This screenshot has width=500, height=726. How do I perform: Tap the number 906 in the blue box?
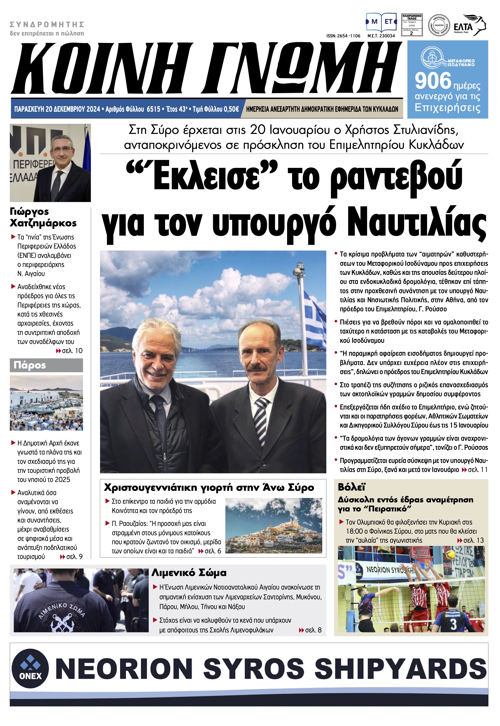(x=433, y=81)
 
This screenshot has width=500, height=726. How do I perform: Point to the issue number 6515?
(x=154, y=109)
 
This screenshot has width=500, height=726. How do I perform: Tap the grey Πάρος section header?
(x=46, y=365)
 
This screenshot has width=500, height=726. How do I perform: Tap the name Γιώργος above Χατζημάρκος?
(x=29, y=212)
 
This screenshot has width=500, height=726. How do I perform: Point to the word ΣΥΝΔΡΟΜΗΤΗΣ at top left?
(x=47, y=24)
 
